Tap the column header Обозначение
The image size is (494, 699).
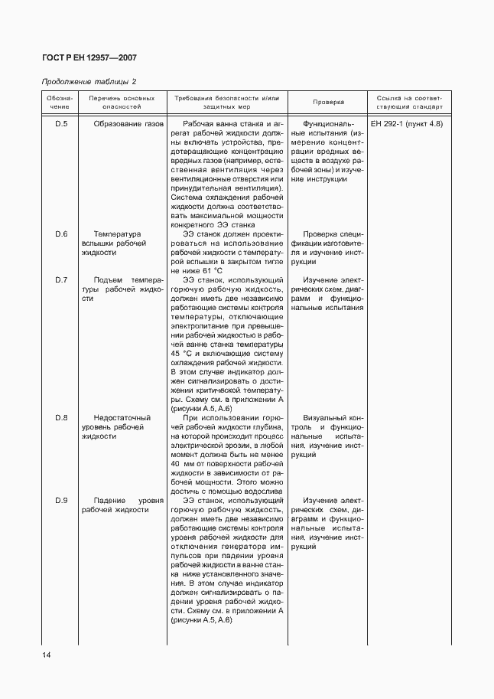pos(60,103)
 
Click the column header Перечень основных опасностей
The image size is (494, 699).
pos(122,103)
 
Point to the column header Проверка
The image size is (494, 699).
pos(328,102)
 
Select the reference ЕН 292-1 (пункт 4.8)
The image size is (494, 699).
pos(405,123)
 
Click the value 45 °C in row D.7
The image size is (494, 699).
pos(182,354)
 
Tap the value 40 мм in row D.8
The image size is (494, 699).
pos(182,464)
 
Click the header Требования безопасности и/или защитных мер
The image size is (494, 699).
pos(227,103)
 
